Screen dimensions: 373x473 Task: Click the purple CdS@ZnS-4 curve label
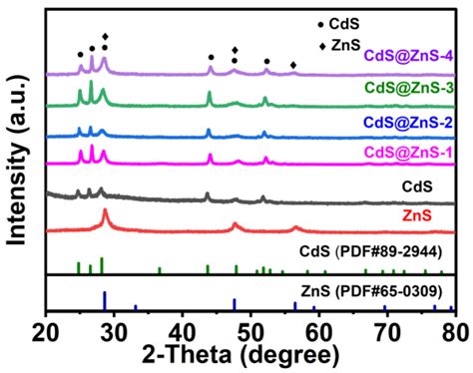(x=409, y=56)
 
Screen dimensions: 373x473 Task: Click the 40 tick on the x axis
(x=183, y=329)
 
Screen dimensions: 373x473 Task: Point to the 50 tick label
(x=250, y=329)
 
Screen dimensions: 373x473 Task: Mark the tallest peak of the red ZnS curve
(x=106, y=211)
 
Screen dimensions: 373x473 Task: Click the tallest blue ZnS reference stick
(x=105, y=301)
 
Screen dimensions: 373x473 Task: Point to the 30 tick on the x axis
(x=115, y=329)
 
